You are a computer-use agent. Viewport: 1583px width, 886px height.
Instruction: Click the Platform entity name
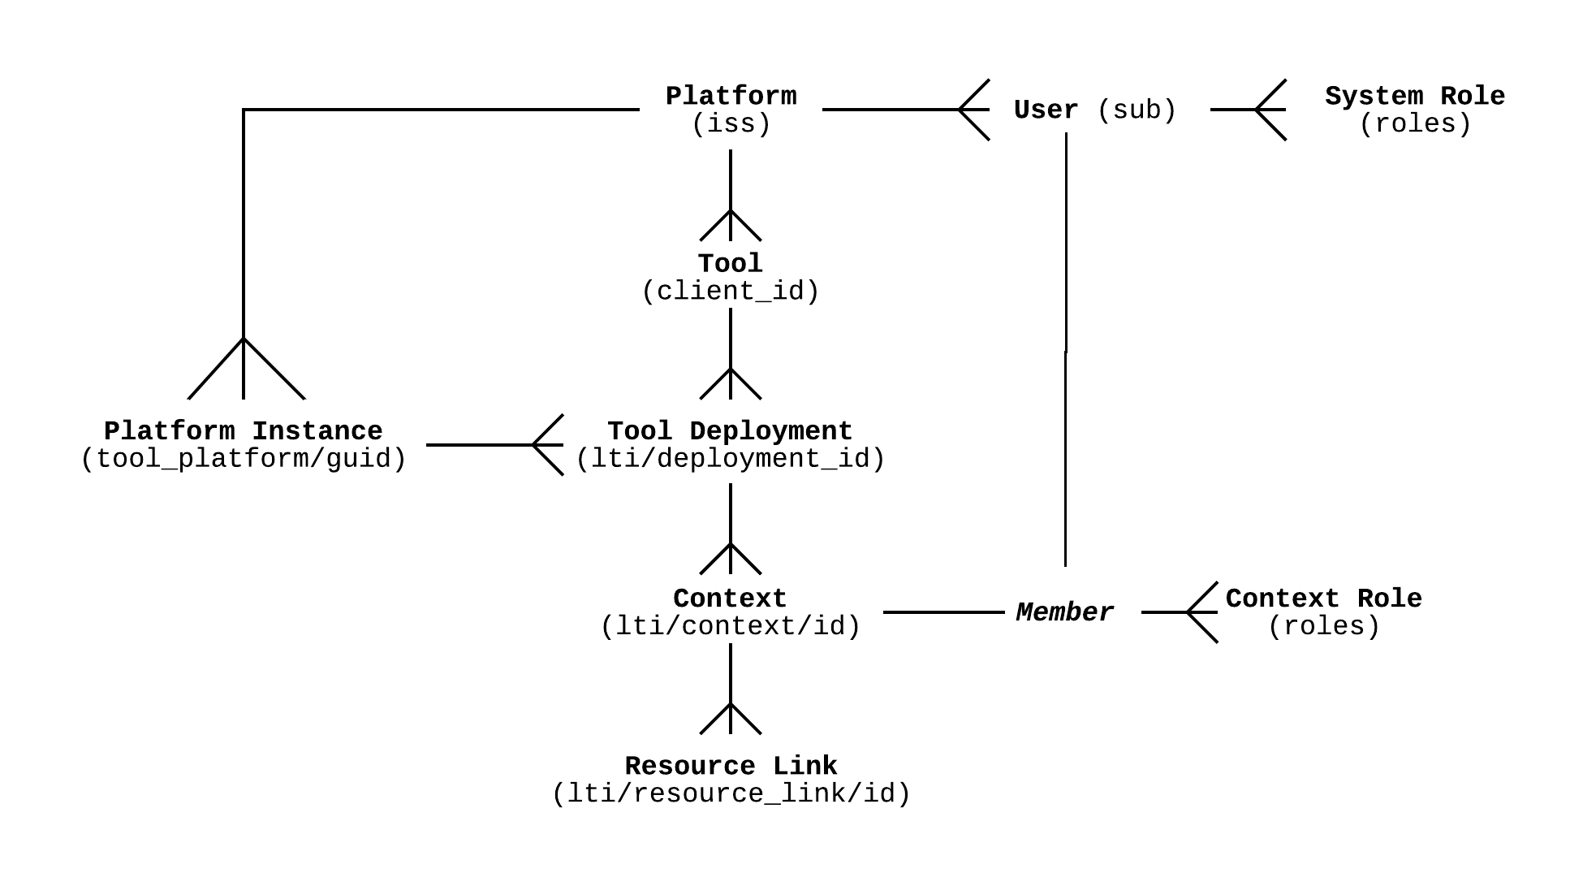pos(731,96)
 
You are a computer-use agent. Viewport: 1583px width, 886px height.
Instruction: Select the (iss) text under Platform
pos(731,124)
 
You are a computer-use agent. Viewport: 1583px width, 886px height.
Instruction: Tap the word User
pos(1046,110)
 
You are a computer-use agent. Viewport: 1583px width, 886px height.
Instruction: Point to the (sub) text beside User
pos(1137,110)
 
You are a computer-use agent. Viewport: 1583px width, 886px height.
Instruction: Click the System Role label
pos(1414,96)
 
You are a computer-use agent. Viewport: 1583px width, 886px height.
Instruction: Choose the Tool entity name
pos(731,263)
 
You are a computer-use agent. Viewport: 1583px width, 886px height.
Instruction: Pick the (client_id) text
pos(731,291)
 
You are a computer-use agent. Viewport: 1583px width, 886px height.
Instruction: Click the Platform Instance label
pos(244,430)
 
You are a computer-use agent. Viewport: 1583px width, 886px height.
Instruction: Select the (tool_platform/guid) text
pos(244,459)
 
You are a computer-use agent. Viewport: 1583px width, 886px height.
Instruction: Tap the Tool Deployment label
pos(731,430)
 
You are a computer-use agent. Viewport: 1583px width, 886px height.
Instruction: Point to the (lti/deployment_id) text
pos(731,459)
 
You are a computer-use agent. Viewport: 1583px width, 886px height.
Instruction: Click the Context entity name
pos(731,599)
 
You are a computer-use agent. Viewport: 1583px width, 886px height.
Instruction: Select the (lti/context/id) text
pos(731,626)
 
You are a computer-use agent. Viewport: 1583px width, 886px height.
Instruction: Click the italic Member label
pos(1064,612)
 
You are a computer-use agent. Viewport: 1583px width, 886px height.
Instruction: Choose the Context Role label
pos(1323,599)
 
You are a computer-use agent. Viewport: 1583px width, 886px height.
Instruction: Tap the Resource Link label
pos(731,766)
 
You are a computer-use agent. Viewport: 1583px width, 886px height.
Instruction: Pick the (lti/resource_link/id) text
pos(731,793)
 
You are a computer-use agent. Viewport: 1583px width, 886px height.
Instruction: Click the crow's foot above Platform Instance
pos(244,370)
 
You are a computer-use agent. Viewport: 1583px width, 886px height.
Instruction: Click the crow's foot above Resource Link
pos(731,719)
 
